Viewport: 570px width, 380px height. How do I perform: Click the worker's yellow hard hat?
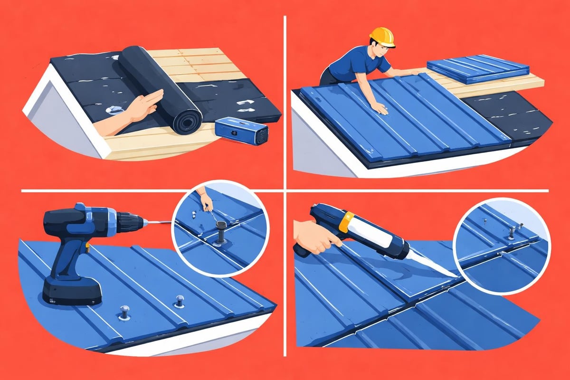[x=382, y=37]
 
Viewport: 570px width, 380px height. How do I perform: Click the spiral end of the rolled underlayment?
[x=187, y=122]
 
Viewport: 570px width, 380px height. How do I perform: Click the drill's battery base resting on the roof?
[x=71, y=291]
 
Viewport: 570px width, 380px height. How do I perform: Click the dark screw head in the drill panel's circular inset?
[x=220, y=237]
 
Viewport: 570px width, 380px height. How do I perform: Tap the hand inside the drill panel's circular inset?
[x=205, y=199]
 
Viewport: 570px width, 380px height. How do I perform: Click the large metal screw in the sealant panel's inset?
[x=512, y=232]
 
